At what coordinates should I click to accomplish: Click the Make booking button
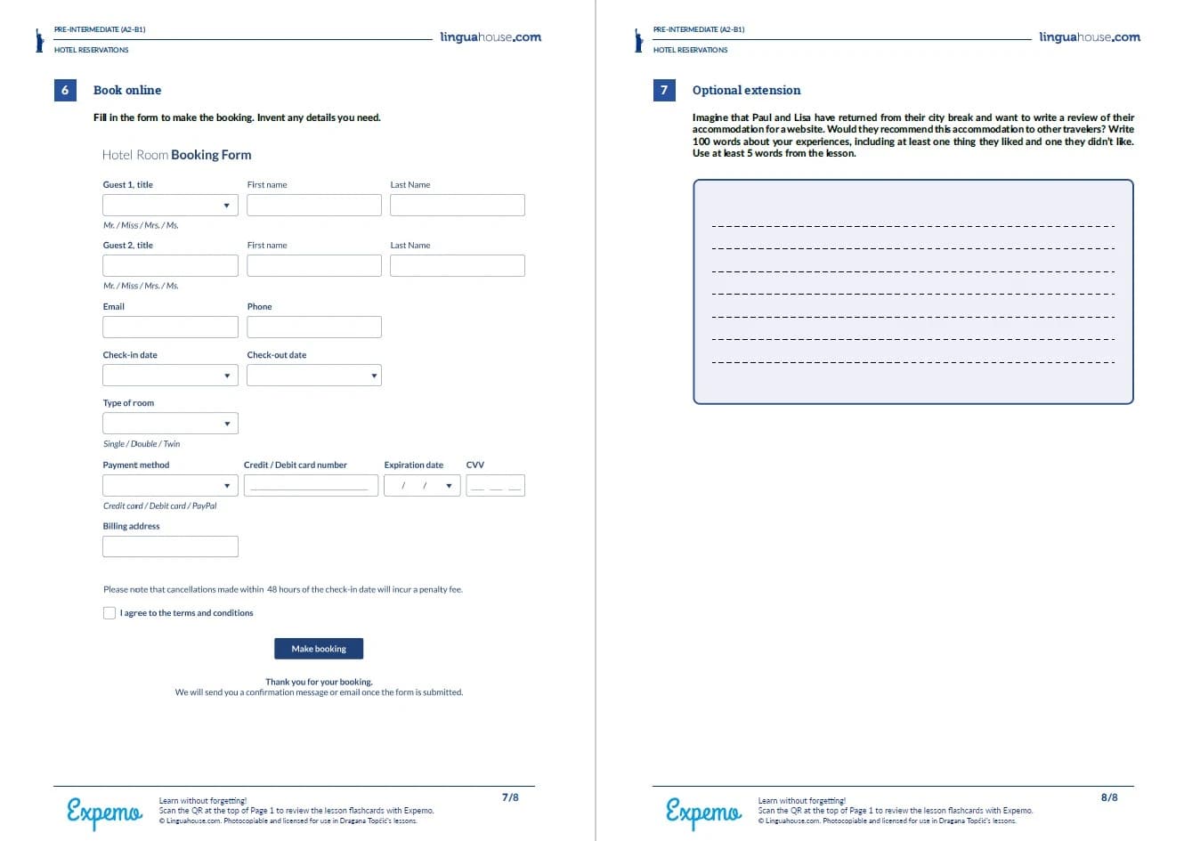tap(319, 649)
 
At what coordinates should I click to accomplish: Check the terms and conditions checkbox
tap(109, 613)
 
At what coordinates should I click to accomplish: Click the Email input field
tap(170, 327)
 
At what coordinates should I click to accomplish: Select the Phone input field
tap(314, 327)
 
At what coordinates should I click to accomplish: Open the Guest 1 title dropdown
tap(170, 206)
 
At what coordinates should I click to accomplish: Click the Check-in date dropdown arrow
tap(227, 376)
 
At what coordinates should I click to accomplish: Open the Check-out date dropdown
tap(314, 376)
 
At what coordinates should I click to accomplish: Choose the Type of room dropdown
tap(170, 424)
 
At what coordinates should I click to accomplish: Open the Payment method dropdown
tap(170, 486)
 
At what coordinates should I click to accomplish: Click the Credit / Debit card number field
tap(311, 486)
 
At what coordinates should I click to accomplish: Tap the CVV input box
tap(495, 486)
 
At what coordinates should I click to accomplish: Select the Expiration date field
tap(422, 486)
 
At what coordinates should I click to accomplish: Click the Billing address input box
tap(170, 546)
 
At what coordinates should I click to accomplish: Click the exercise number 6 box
tap(65, 90)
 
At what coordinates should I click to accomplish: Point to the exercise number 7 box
tap(664, 90)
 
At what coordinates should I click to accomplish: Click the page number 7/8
tap(510, 797)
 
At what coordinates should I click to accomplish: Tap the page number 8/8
tap(1109, 797)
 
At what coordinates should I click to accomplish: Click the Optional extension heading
tap(746, 90)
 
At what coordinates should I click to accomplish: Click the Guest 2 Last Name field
tap(458, 266)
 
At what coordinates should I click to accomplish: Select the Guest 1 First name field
tap(314, 206)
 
